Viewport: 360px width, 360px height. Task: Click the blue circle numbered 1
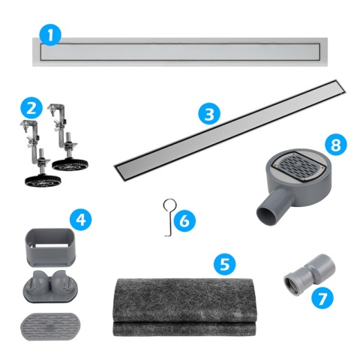(x=49, y=34)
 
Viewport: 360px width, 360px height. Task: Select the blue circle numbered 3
(x=210, y=115)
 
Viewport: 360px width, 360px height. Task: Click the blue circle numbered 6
(x=187, y=220)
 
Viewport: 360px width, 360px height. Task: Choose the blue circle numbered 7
(x=322, y=298)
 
